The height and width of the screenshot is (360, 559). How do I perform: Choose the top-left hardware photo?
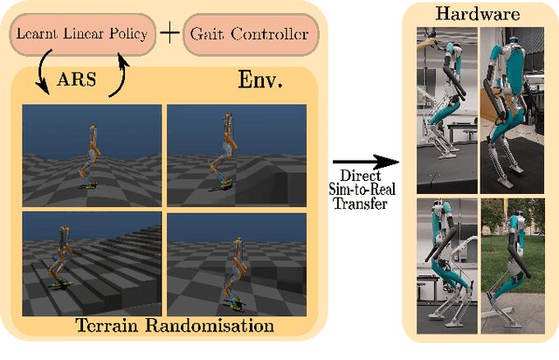pyautogui.click(x=445, y=109)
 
